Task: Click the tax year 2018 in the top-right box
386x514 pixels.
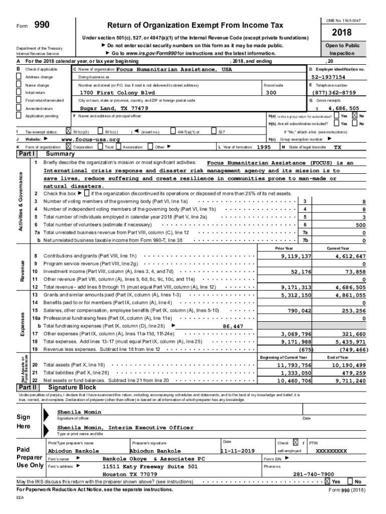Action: click(x=343, y=33)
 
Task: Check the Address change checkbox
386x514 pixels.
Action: click(x=19, y=77)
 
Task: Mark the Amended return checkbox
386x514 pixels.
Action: click(x=19, y=108)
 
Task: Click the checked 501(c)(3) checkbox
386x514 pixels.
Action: click(x=69, y=132)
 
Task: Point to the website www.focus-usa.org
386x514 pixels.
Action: click(x=90, y=140)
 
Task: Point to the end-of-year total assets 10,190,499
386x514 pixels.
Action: click(x=350, y=365)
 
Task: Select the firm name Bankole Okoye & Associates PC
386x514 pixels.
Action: click(x=153, y=459)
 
